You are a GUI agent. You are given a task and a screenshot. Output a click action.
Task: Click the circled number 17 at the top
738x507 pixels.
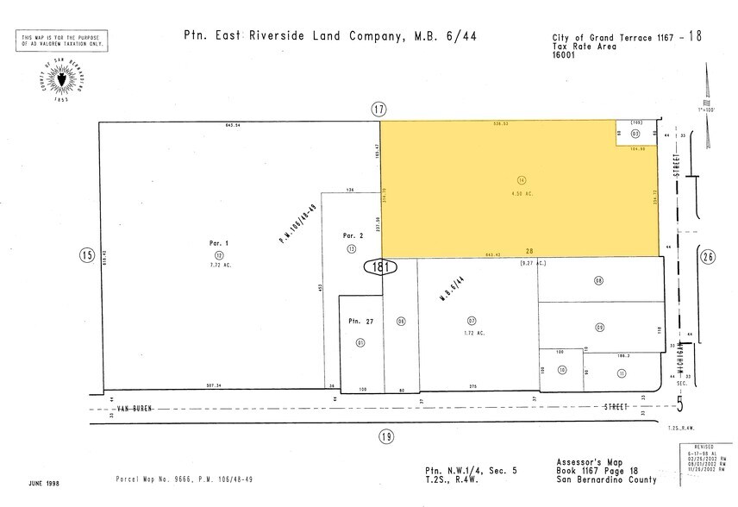(x=378, y=109)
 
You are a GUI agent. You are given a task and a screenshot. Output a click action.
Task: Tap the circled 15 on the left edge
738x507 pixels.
(x=85, y=254)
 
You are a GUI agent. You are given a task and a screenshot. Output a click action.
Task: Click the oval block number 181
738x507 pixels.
(x=381, y=266)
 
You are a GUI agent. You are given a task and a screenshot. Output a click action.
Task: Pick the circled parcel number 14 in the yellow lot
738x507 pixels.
(x=522, y=179)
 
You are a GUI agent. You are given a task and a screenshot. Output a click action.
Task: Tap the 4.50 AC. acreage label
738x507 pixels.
(x=522, y=193)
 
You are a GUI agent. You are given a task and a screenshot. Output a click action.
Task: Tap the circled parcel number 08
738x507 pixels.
(x=598, y=280)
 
